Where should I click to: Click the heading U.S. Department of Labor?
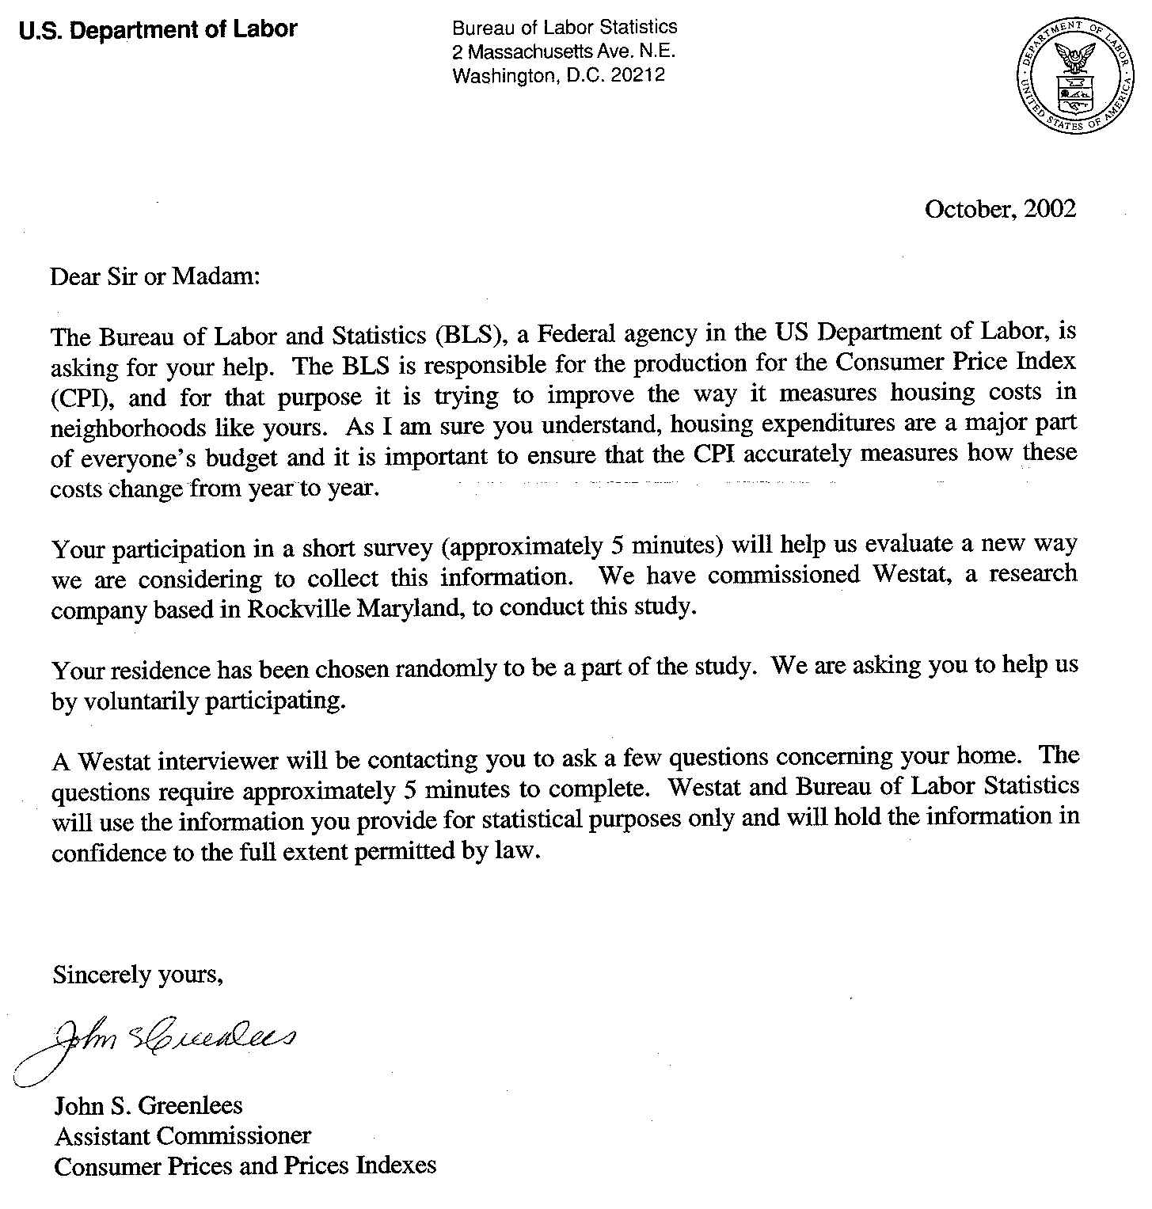point(158,30)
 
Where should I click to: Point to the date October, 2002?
point(1000,209)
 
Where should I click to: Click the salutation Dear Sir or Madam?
point(154,277)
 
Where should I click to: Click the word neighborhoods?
point(128,428)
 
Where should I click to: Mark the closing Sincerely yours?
point(139,974)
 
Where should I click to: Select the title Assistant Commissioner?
point(183,1135)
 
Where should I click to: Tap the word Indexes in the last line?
point(395,1165)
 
